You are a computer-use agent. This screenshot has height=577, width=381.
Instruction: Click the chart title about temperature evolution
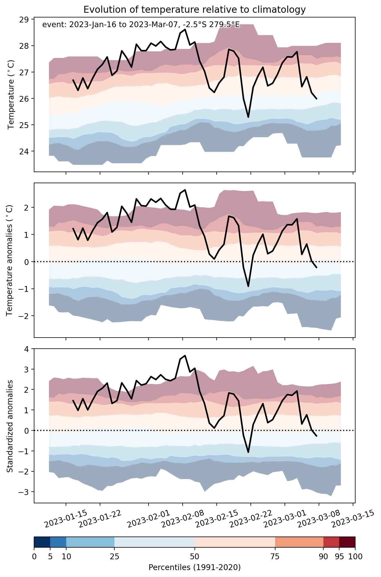pos(195,10)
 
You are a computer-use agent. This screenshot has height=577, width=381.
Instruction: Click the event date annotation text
pos(141,25)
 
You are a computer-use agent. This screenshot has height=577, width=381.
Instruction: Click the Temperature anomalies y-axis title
pos(10,260)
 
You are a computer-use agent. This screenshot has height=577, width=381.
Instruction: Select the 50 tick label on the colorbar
pos(195,556)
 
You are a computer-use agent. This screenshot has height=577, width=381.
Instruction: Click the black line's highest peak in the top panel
pos(185,29)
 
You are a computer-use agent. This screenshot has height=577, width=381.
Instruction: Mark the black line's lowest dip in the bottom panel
pos(248,452)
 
